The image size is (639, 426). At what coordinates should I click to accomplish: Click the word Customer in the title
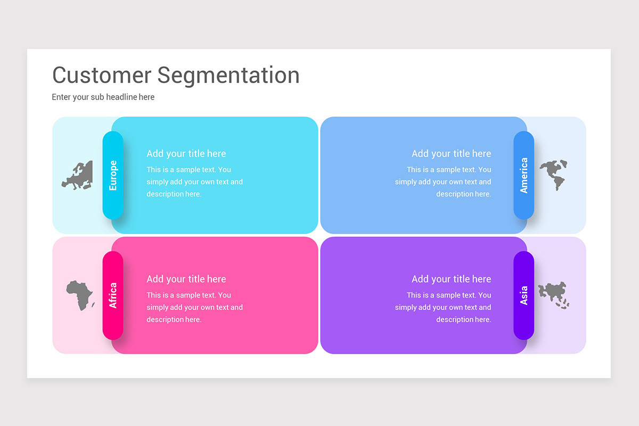coord(102,75)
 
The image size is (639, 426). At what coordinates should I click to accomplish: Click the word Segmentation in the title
coord(228,75)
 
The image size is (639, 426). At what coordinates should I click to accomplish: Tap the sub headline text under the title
coord(103,97)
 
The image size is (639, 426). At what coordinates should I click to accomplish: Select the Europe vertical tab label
coord(113,175)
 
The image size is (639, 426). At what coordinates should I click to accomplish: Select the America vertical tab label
coord(524,175)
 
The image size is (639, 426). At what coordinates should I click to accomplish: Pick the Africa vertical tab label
coord(113,295)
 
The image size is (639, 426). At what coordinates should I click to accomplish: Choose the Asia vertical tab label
coord(524,295)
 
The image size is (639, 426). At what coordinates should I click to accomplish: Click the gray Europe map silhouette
coord(78,176)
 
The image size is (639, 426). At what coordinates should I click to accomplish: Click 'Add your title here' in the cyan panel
coord(186,153)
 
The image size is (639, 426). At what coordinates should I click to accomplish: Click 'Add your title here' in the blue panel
coord(451,153)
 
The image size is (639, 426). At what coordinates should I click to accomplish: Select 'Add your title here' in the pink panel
coord(186,279)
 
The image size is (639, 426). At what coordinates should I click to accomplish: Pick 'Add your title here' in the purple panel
coord(451,279)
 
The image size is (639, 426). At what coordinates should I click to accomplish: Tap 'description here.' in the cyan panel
coord(174,194)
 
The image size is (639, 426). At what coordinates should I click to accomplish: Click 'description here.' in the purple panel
coord(463,319)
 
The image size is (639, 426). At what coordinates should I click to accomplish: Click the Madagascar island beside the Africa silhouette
coord(93,305)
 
